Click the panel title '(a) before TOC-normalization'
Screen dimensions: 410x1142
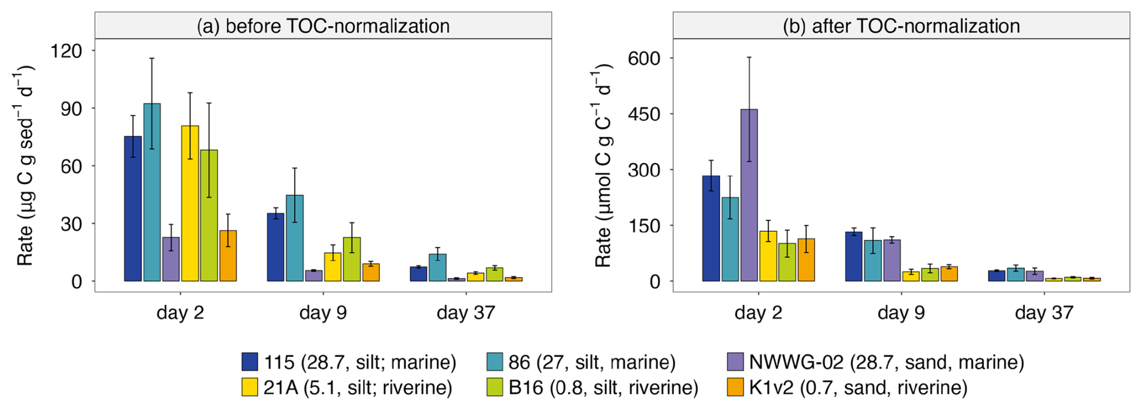pyautogui.click(x=323, y=26)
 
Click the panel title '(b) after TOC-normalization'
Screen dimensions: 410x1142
pyautogui.click(x=901, y=26)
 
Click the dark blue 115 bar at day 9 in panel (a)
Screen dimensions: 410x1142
pyautogui.click(x=275, y=247)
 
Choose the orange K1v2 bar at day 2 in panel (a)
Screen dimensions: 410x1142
pyautogui.click(x=228, y=256)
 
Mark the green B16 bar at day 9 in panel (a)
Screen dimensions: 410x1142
pyautogui.click(x=352, y=259)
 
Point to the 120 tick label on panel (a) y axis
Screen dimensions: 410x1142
pyautogui.click(x=66, y=51)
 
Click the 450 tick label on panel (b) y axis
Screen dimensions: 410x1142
pyautogui.click(x=643, y=114)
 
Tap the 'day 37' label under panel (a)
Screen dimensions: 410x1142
pyautogui.click(x=465, y=313)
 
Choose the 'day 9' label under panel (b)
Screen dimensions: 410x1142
pyautogui.click(x=901, y=313)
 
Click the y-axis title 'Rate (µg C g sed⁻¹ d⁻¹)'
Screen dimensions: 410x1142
pyautogui.click(x=25, y=165)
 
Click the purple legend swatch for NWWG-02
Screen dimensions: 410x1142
pyautogui.click(x=736, y=362)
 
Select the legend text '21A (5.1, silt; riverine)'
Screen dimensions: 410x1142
pyautogui.click(x=357, y=388)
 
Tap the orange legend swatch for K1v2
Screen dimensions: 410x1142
pyautogui.click(x=736, y=388)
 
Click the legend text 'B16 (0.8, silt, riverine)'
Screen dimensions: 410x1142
pyautogui.click(x=603, y=388)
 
